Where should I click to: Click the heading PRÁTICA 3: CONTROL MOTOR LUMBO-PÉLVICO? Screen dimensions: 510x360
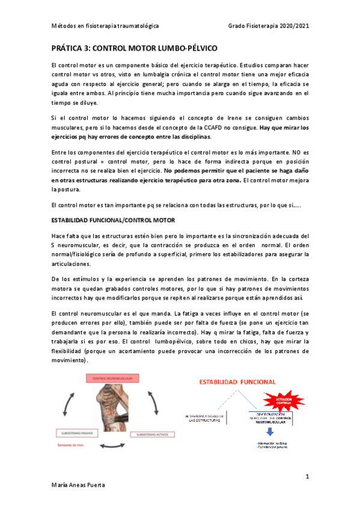(x=135, y=47)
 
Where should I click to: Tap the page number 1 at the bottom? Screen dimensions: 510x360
(x=307, y=476)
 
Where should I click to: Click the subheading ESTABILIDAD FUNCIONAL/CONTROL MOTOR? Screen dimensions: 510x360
(x=113, y=221)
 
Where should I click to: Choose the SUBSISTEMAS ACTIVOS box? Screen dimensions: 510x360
(x=150, y=433)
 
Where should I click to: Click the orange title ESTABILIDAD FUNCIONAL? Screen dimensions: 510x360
(x=237, y=381)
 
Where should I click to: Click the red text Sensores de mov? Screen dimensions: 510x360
(x=71, y=446)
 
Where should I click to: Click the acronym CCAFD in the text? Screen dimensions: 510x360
(x=213, y=127)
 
